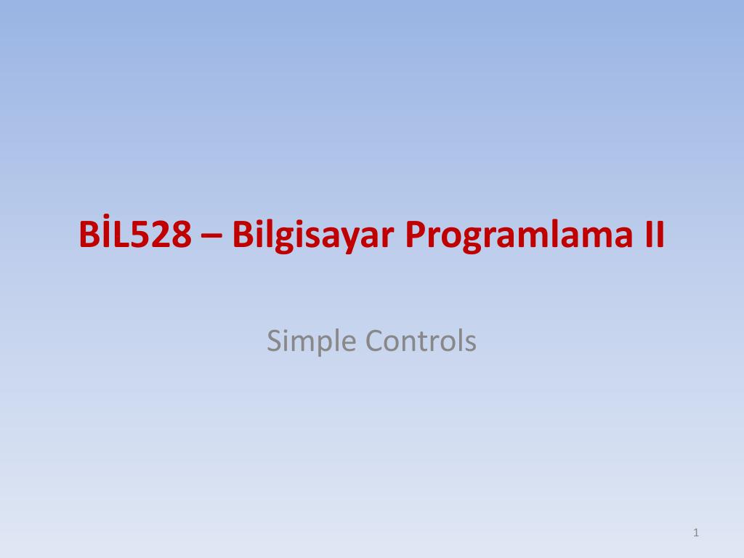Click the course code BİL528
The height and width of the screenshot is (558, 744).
click(136, 235)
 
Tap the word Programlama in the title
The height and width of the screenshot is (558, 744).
click(517, 235)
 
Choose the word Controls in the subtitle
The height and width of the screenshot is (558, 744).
click(421, 340)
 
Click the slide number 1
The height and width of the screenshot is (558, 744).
click(696, 533)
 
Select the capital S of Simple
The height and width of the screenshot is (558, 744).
click(274, 340)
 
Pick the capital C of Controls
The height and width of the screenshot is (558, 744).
click(374, 340)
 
